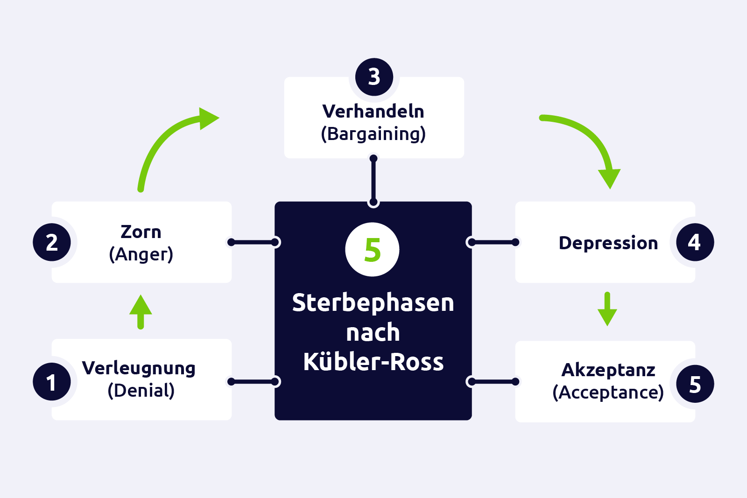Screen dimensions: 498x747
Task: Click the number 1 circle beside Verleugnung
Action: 52,381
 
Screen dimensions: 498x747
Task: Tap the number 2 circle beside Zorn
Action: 52,242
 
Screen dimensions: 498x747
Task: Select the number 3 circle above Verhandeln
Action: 374,77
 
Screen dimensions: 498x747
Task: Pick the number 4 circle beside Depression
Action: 695,242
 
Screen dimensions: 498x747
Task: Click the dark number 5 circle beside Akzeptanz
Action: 695,384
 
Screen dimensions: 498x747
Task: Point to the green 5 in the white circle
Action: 373,250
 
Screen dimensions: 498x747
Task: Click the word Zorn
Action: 141,232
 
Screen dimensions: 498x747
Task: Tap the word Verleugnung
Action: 139,368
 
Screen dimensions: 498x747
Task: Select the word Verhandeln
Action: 373,112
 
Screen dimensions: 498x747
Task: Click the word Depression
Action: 608,243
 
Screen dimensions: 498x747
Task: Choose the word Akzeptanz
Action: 608,370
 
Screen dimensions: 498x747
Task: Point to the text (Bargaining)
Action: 373,134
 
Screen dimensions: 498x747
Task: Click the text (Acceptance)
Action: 608,393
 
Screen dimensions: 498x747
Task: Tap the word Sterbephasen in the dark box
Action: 373,303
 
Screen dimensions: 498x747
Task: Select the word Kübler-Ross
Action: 373,362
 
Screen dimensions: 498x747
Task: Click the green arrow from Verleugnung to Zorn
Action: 141,311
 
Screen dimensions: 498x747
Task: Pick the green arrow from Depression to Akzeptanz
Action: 607,309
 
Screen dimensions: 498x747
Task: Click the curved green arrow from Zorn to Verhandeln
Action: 163,140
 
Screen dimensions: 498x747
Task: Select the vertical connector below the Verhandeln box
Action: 373,180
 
